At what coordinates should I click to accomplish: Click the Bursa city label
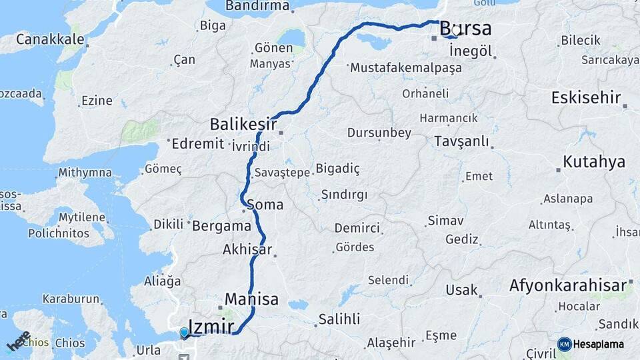pyautogui.click(x=466, y=29)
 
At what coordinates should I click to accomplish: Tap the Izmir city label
pyautogui.click(x=211, y=327)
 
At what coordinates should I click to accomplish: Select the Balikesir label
pyautogui.click(x=243, y=124)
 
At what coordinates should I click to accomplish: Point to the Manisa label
pyautogui.click(x=251, y=299)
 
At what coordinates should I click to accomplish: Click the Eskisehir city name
pyautogui.click(x=586, y=98)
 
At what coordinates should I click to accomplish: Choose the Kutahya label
pyautogui.click(x=593, y=161)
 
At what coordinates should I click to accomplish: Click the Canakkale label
pyautogui.click(x=50, y=39)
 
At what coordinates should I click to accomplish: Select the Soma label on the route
pyautogui.click(x=265, y=205)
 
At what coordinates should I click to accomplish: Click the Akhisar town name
pyautogui.click(x=248, y=250)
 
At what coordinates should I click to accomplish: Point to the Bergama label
pyautogui.click(x=221, y=226)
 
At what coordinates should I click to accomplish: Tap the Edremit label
pyautogui.click(x=199, y=143)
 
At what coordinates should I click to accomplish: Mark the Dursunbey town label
pyautogui.click(x=379, y=133)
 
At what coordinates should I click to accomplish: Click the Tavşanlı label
pyautogui.click(x=461, y=141)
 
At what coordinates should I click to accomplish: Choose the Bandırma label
pyautogui.click(x=257, y=7)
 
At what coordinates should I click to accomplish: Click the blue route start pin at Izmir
pyautogui.click(x=185, y=332)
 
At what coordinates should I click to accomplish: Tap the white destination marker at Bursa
pyautogui.click(x=456, y=30)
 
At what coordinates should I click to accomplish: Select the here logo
pyautogui.click(x=19, y=341)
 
